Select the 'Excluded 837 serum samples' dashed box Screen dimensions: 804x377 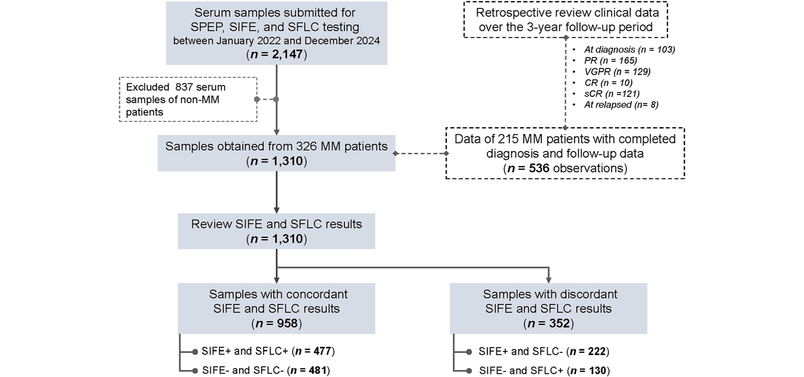pos(188,100)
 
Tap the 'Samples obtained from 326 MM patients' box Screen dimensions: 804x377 pos(276,153)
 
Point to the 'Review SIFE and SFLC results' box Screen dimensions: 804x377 pos(276,231)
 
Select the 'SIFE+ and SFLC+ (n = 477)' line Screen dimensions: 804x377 pos(268,351)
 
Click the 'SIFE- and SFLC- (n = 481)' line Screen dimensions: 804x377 pos(266,370)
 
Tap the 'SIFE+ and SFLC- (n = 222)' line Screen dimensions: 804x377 pos(544,352)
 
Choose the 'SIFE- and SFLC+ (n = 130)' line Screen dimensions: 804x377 pos(544,370)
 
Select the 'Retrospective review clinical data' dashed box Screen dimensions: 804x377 pos(566,20)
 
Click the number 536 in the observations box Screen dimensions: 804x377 pos(539,168)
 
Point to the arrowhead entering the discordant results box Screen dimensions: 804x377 pos(548,280)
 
